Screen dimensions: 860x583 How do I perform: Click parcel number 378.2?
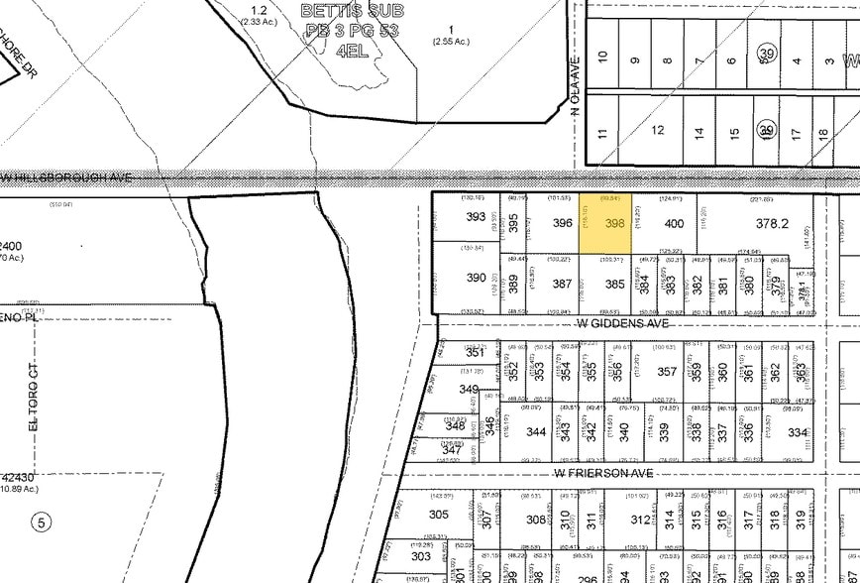coord(771,224)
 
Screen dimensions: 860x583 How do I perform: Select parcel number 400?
coord(674,224)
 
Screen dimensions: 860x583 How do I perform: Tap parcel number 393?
coord(476,217)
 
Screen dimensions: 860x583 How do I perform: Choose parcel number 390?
coord(476,279)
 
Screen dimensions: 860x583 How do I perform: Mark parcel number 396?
coord(563,224)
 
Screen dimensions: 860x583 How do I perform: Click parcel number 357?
coord(667,372)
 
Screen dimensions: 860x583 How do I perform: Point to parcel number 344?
coord(536,432)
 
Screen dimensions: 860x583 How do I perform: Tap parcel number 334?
coord(798,432)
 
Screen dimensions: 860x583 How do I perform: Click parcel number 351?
coord(475,353)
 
